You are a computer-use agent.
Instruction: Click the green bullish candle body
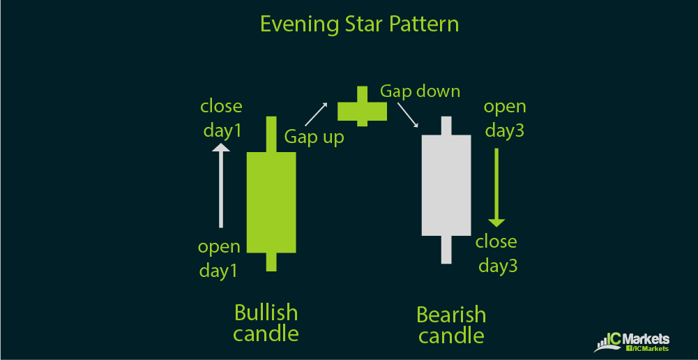(271, 203)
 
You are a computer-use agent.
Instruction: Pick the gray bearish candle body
(446, 185)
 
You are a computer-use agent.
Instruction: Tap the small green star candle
(362, 107)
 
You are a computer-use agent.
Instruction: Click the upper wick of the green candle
(271, 134)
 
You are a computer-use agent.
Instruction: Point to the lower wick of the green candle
(271, 262)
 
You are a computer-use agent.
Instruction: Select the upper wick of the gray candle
(446, 126)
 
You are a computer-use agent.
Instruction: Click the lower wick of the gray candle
(446, 250)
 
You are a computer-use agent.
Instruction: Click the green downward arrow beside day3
(496, 188)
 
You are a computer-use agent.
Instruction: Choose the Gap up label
(314, 137)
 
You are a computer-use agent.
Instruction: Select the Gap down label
(420, 91)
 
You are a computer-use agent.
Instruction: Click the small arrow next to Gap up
(316, 114)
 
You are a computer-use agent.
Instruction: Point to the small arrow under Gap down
(408, 115)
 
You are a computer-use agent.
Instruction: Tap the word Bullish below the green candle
(266, 313)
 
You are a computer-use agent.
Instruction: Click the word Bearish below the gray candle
(451, 315)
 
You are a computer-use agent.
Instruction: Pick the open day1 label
(218, 259)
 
